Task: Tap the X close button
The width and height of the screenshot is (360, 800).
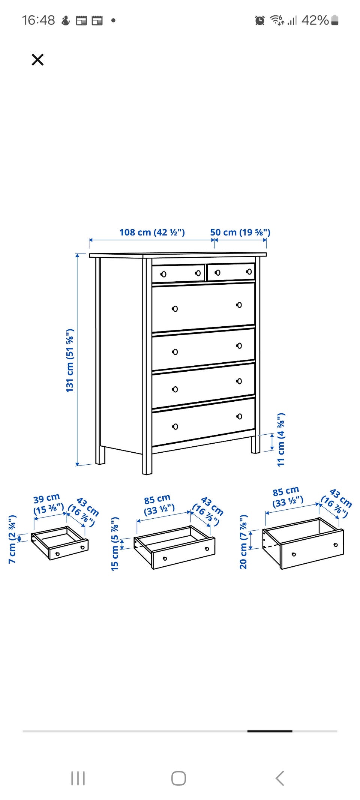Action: [37, 60]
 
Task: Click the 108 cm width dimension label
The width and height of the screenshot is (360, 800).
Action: [152, 232]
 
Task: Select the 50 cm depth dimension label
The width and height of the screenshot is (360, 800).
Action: [240, 232]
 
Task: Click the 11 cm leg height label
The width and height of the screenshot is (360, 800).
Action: [281, 440]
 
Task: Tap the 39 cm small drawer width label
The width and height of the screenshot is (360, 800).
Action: [48, 504]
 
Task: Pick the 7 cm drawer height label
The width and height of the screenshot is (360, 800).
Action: [12, 539]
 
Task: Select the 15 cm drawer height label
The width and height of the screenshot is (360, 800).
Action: [115, 543]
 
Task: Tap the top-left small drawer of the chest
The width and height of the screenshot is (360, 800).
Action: [178, 273]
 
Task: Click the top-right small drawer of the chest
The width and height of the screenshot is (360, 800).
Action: [231, 272]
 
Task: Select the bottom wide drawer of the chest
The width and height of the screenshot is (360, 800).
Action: [203, 422]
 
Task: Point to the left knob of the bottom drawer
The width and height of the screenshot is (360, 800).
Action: [175, 426]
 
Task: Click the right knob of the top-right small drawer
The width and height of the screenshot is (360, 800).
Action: [249, 271]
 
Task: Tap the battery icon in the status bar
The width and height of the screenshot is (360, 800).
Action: [335, 20]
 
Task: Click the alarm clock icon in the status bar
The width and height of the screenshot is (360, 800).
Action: [259, 20]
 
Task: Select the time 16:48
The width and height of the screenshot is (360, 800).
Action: [38, 20]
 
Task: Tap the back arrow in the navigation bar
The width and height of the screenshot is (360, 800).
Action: [280, 778]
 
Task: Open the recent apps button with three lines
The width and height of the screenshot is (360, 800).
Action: [78, 778]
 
